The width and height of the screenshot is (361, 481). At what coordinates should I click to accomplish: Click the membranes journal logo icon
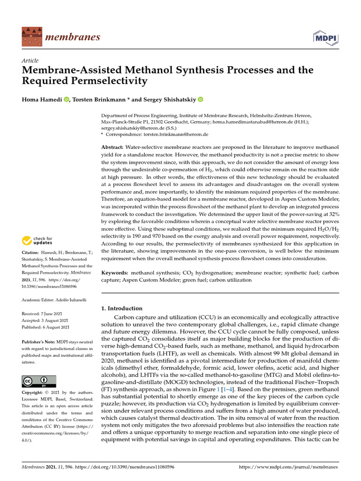click(x=31, y=36)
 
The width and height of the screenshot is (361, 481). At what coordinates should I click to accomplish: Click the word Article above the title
click(x=30, y=61)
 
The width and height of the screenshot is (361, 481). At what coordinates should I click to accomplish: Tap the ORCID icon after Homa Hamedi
click(x=66, y=99)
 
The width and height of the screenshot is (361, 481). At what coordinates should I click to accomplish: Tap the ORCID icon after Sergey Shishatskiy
click(x=200, y=99)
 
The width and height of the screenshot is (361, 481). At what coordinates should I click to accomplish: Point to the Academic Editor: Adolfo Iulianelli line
click(x=53, y=299)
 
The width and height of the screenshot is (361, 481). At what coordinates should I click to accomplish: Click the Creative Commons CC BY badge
click(x=39, y=381)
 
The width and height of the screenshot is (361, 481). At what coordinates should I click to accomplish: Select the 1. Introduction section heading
click(x=122, y=308)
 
